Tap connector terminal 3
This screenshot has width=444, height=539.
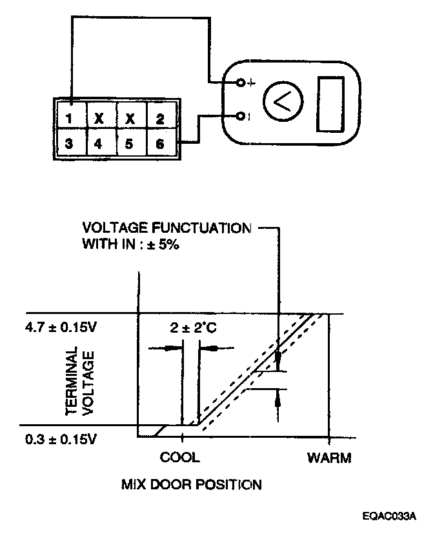pos(68,143)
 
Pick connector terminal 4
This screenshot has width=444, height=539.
pos(98,143)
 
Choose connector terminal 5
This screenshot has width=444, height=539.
pos(128,143)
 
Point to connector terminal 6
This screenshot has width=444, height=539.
pos(159,143)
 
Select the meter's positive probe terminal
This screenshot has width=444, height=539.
pos(240,83)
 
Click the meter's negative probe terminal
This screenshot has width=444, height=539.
pos(240,116)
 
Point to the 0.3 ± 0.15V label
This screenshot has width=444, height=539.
pos(62,440)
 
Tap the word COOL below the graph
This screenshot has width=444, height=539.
pos(180,458)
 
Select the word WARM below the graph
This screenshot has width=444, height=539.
pos(329,458)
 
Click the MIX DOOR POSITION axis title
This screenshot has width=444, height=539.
pos(192,484)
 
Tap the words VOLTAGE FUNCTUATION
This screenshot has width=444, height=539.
pos(166,228)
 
